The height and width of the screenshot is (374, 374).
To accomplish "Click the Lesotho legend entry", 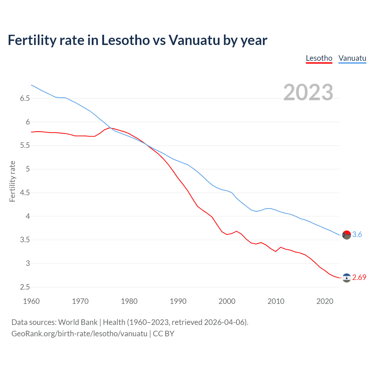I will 319,58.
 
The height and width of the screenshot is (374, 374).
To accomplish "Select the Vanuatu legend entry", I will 352,58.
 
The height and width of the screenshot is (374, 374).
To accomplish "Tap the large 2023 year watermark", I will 308,92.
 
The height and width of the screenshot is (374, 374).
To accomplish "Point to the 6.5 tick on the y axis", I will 25,98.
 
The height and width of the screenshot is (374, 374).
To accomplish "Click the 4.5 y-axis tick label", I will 25,193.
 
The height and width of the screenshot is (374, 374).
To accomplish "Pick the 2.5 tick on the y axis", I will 25,287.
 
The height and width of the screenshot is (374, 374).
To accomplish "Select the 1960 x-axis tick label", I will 31,301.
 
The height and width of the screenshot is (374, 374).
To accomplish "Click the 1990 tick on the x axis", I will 178,301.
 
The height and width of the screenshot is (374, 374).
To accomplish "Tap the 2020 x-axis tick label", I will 325,301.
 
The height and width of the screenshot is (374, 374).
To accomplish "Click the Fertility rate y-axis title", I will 12,181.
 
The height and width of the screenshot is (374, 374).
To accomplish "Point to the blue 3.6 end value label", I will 357,234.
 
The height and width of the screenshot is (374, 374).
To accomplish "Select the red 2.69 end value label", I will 359,277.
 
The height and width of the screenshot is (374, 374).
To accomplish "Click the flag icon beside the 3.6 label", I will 347,235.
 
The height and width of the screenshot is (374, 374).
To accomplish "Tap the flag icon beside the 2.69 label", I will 347,278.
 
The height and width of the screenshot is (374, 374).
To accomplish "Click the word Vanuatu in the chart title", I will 194,40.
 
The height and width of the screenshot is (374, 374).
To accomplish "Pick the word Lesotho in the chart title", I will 126,40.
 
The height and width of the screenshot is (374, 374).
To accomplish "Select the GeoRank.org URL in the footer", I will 79,333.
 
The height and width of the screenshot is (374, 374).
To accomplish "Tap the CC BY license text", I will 164,333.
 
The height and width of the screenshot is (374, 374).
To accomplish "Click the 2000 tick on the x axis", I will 227,301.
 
